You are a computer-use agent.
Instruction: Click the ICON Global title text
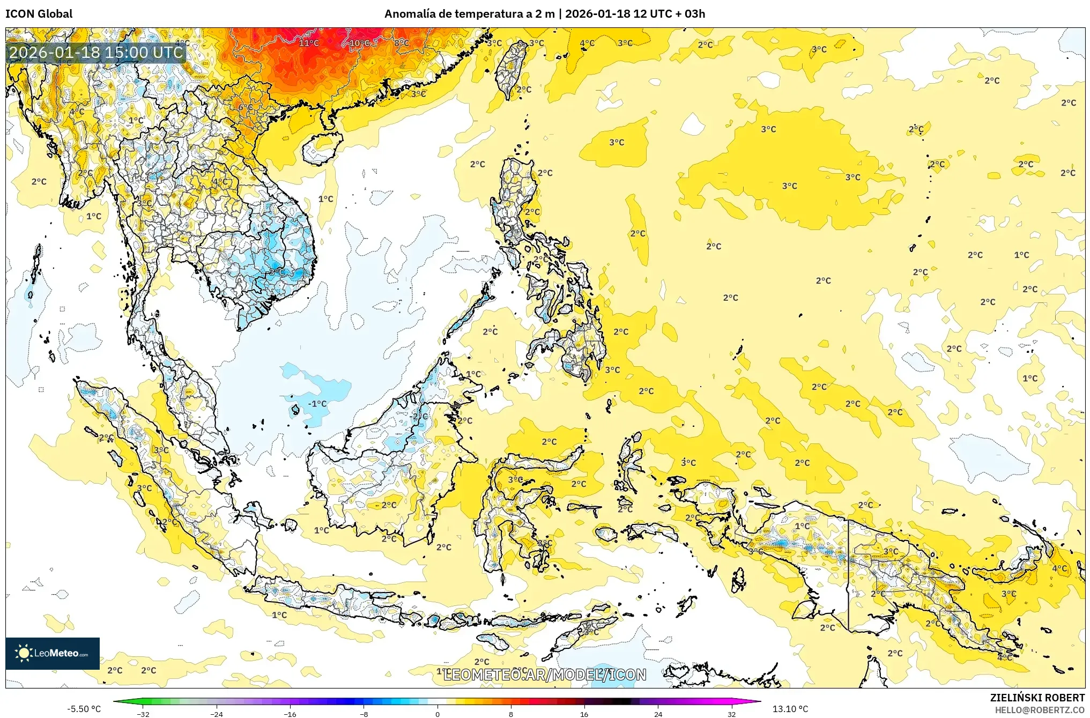click(39, 14)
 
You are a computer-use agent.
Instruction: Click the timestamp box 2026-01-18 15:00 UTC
click(97, 53)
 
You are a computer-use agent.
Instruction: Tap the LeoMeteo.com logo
click(52, 653)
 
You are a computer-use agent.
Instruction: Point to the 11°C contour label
click(309, 43)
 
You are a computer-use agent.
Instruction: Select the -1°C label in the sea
click(317, 404)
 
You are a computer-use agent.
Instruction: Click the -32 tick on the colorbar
click(143, 714)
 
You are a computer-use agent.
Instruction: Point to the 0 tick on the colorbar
click(438, 714)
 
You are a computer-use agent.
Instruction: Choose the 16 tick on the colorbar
click(584, 714)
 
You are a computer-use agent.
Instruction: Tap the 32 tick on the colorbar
click(732, 714)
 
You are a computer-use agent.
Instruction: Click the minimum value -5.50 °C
click(84, 709)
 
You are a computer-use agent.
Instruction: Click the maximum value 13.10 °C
click(790, 709)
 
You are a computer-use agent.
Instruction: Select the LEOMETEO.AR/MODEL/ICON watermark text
click(545, 675)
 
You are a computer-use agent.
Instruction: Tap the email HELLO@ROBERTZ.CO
click(1040, 710)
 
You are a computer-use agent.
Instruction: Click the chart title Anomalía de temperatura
click(469, 14)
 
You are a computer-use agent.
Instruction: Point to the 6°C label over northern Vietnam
click(246, 108)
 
